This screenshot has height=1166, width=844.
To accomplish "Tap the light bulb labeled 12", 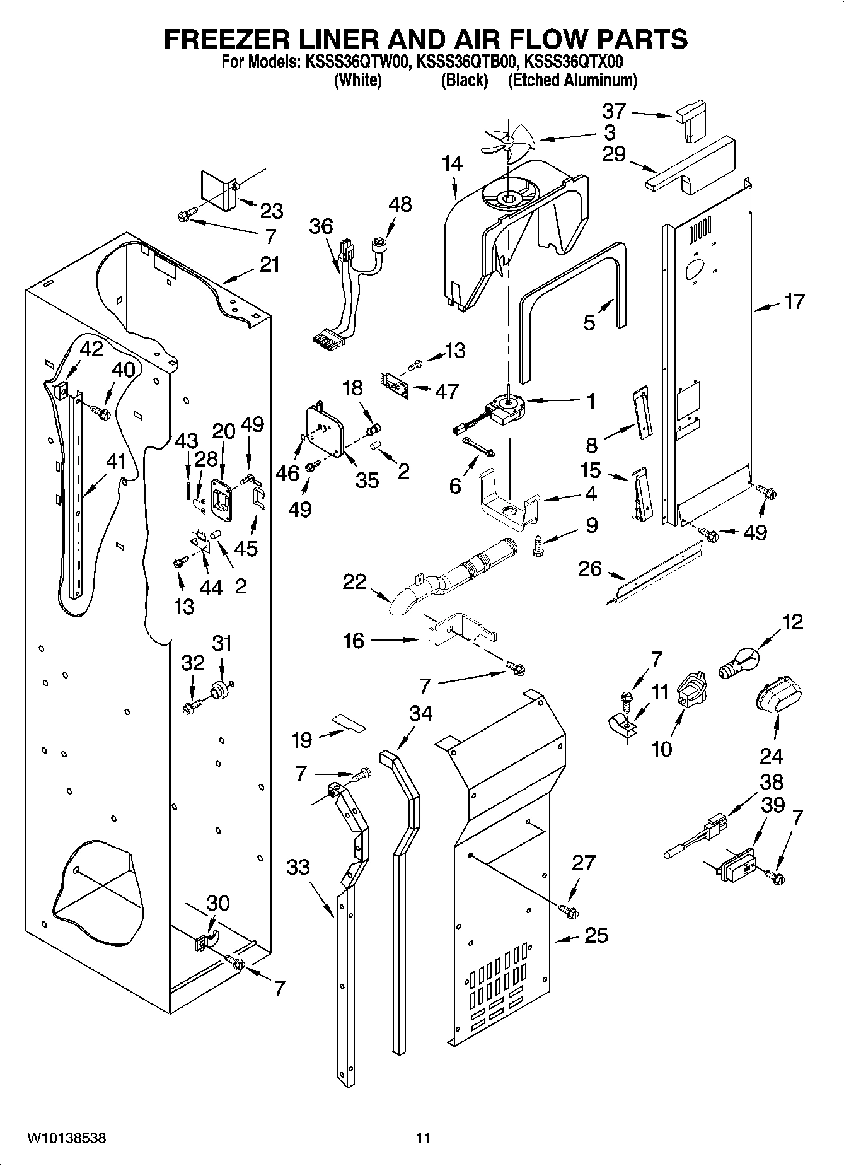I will [739, 663].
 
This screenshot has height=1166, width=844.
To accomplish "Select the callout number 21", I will [269, 264].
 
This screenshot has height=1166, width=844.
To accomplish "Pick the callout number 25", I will [596, 935].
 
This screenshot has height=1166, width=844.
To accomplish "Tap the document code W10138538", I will [66, 1138].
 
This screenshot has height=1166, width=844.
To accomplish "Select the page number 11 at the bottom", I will [422, 1138].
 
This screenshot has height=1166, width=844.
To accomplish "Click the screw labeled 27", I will [569, 911].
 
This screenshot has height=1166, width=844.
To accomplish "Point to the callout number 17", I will [794, 302].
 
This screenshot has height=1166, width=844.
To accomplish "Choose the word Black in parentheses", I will [464, 80].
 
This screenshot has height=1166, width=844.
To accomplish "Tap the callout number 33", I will [298, 867].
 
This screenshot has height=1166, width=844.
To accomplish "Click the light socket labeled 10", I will [692, 689].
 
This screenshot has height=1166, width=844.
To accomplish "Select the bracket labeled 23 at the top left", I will [217, 189].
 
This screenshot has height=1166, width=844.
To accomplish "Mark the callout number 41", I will [115, 462].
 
